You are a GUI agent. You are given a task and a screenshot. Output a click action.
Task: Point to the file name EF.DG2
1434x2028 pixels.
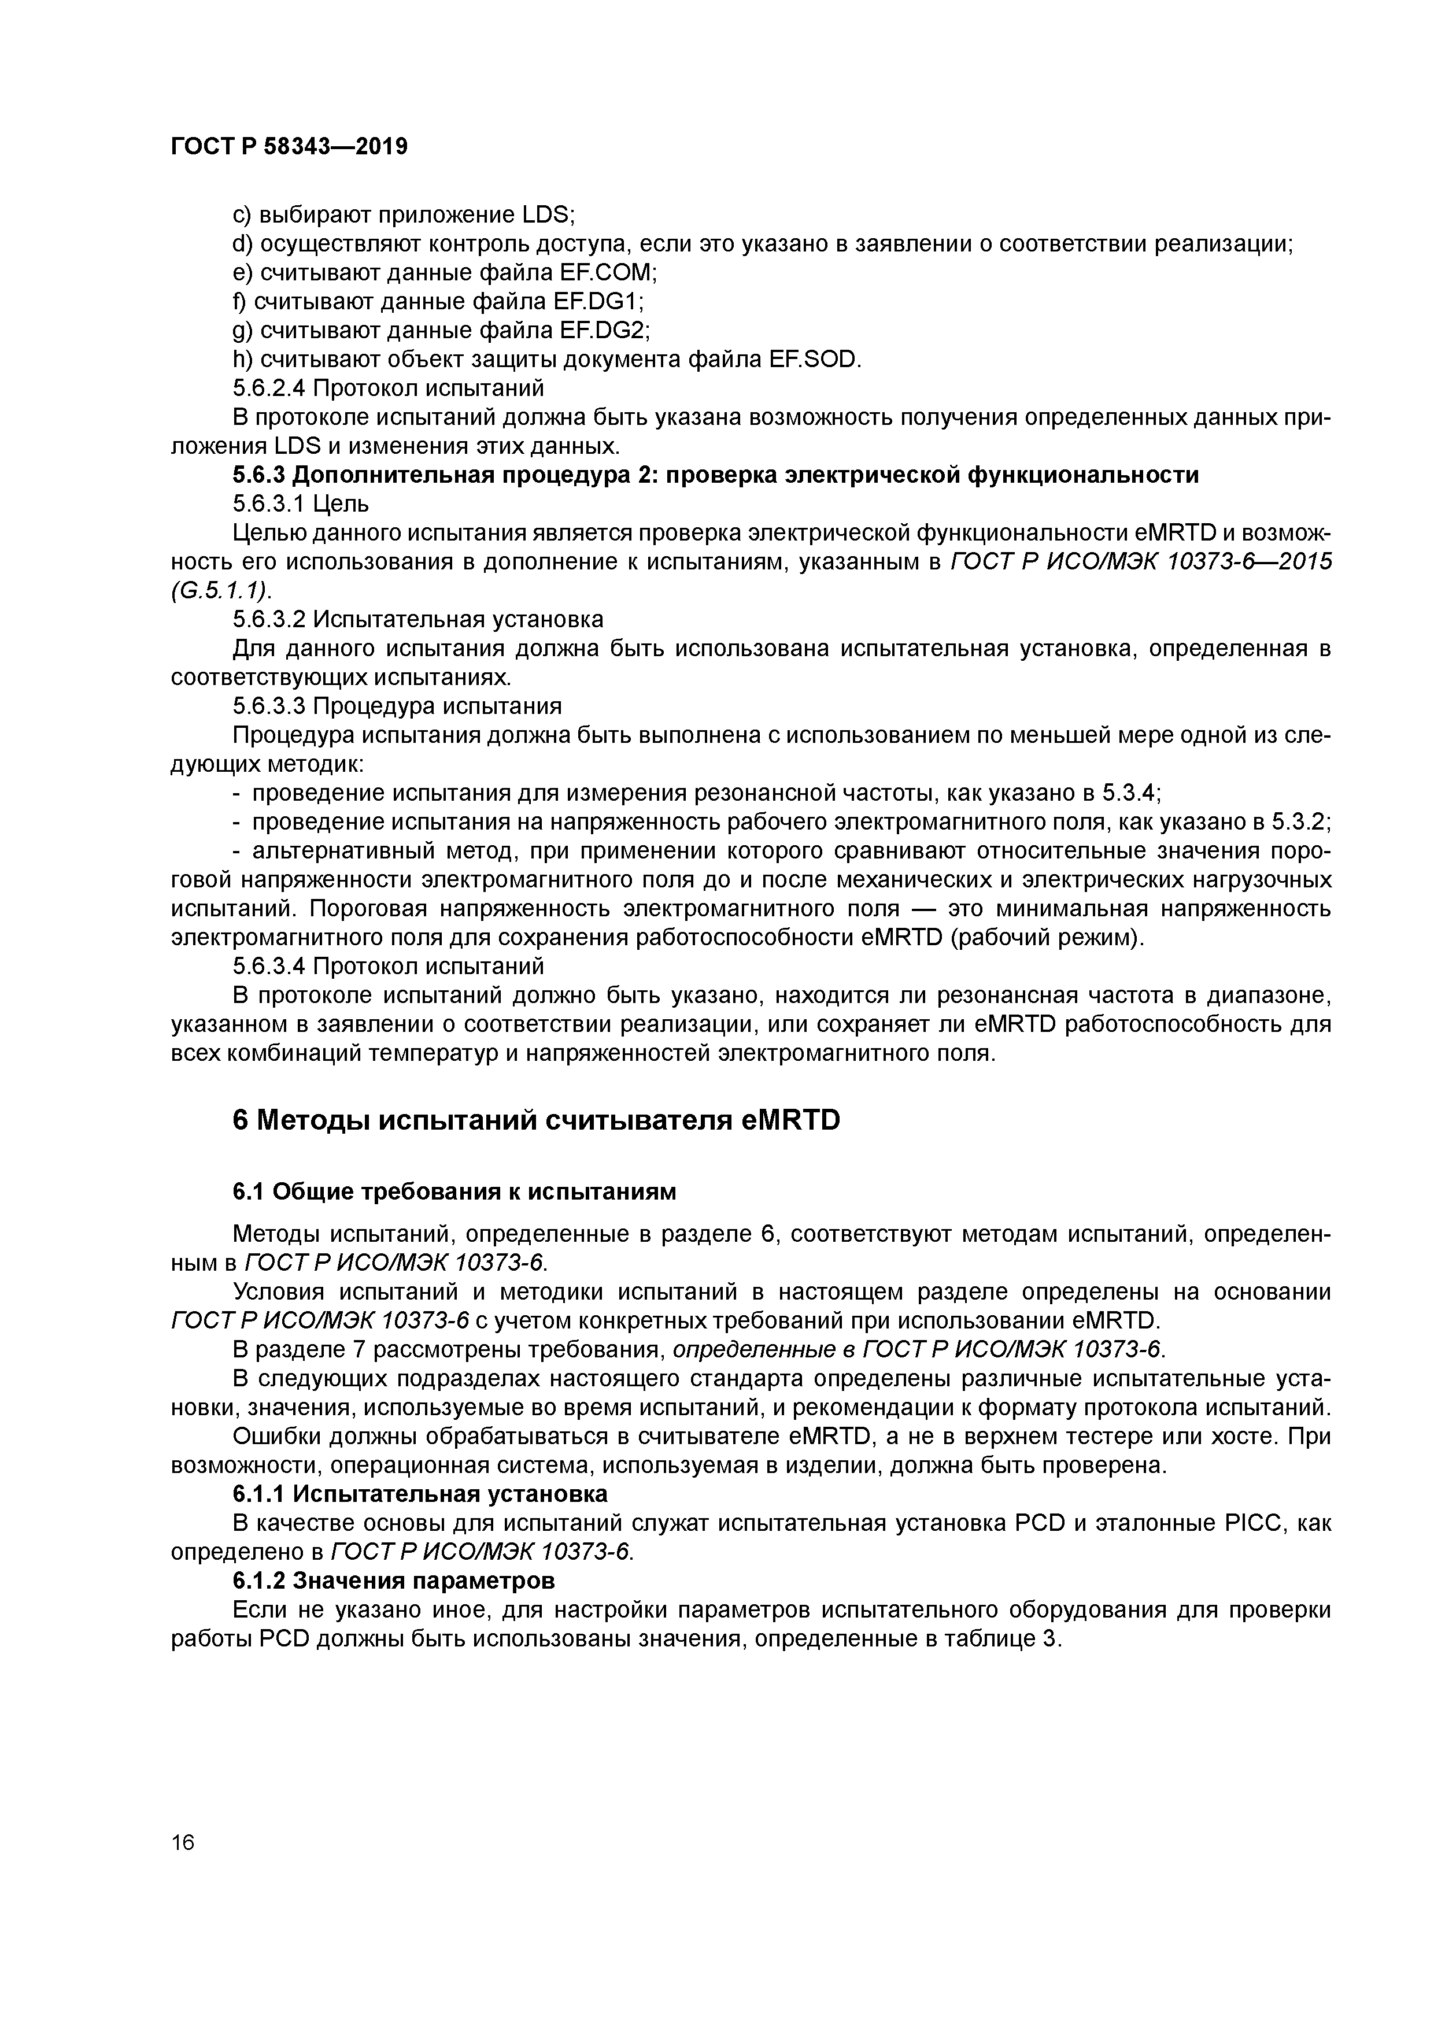coord(604,330)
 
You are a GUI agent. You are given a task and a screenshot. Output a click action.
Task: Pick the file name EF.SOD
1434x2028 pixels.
coord(813,360)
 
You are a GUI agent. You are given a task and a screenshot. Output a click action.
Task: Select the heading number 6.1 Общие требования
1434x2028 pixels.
coord(247,1191)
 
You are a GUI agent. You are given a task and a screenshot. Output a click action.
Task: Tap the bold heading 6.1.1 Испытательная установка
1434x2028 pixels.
coord(420,1494)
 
